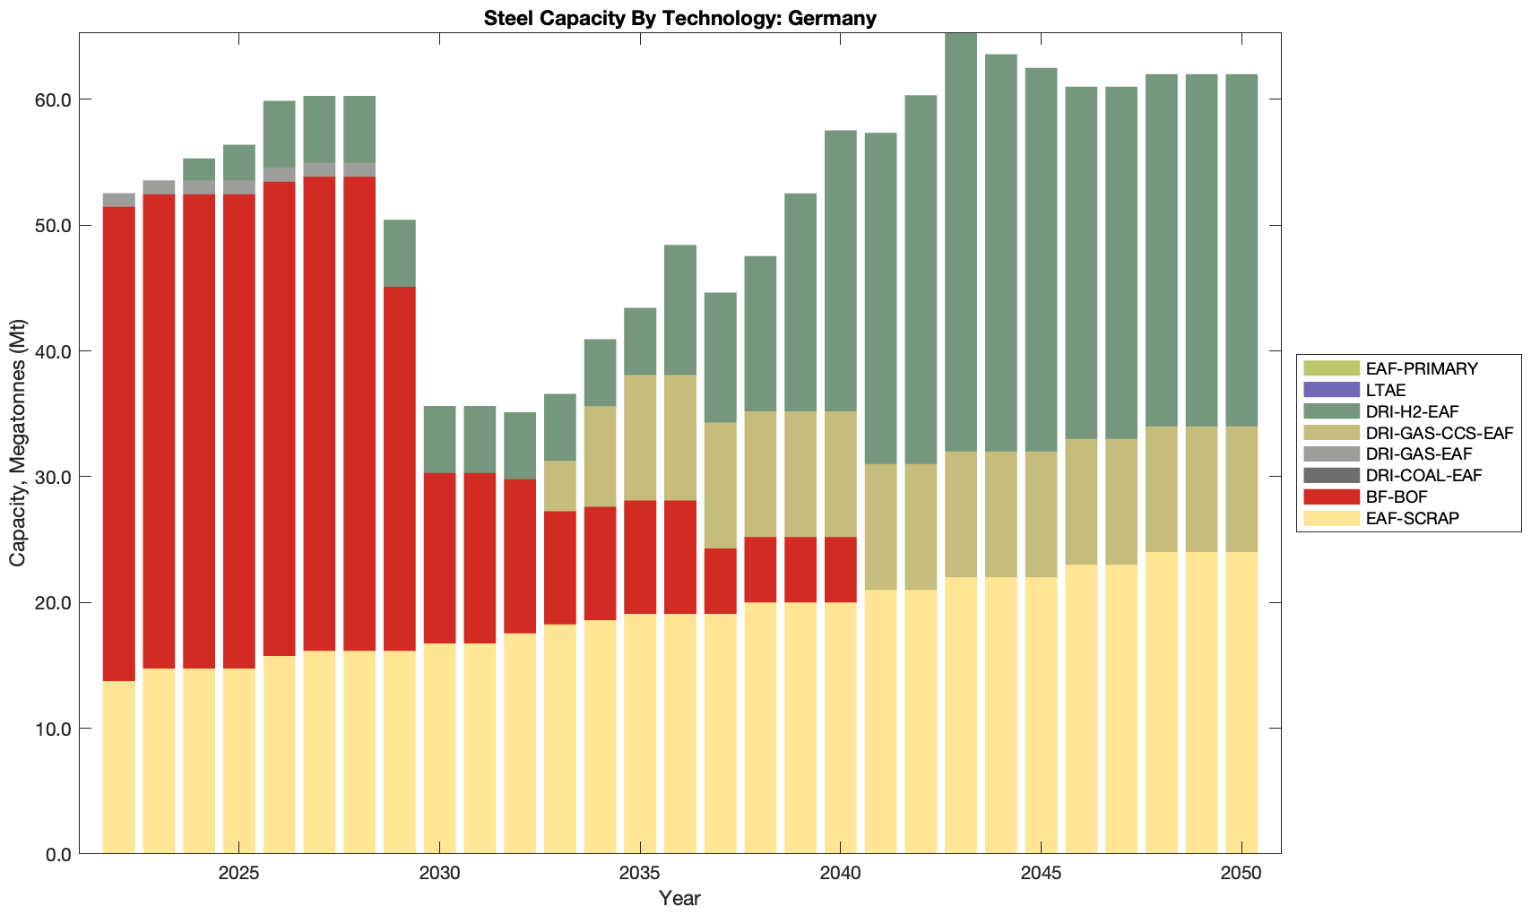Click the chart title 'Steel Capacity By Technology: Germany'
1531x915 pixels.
coord(679,18)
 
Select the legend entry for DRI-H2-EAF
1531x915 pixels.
coord(1412,411)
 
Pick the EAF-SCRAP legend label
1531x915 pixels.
coord(1412,518)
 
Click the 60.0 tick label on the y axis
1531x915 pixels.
coord(53,99)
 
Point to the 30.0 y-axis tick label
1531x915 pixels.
coord(53,477)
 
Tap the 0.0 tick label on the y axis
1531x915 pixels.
coord(58,854)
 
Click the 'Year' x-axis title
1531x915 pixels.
coord(679,898)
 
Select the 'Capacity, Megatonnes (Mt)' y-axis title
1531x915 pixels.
coord(18,443)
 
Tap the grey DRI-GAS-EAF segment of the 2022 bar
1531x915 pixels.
coord(119,200)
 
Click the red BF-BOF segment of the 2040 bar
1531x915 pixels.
coord(841,569)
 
